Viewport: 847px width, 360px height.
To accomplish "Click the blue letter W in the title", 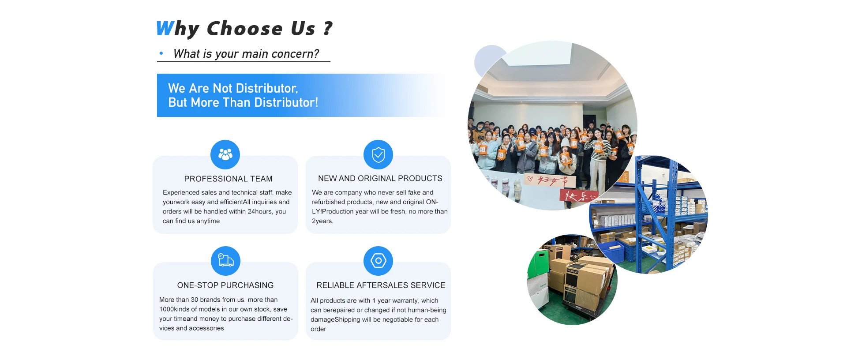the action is [x=165, y=28].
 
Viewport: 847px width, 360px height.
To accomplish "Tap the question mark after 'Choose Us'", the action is [x=328, y=28].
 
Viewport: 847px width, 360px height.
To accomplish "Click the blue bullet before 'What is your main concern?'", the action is [x=161, y=53].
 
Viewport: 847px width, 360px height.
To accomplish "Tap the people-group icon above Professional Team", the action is [x=225, y=154].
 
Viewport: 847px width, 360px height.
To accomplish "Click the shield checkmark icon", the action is [x=378, y=154].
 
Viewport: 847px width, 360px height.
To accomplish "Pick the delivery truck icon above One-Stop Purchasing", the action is [x=225, y=261].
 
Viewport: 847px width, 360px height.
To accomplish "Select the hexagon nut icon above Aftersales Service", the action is [x=378, y=261].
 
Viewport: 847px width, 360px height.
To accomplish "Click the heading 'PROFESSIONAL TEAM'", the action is [x=229, y=179].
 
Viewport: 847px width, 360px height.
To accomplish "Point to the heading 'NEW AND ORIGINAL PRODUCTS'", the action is [x=380, y=178].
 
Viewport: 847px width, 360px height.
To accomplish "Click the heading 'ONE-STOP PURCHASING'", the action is [x=225, y=285].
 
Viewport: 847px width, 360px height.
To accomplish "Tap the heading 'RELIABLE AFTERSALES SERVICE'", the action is [x=381, y=285].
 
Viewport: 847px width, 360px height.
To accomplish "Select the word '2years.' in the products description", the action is [x=322, y=221].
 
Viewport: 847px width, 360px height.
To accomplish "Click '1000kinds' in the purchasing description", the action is [x=174, y=309].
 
